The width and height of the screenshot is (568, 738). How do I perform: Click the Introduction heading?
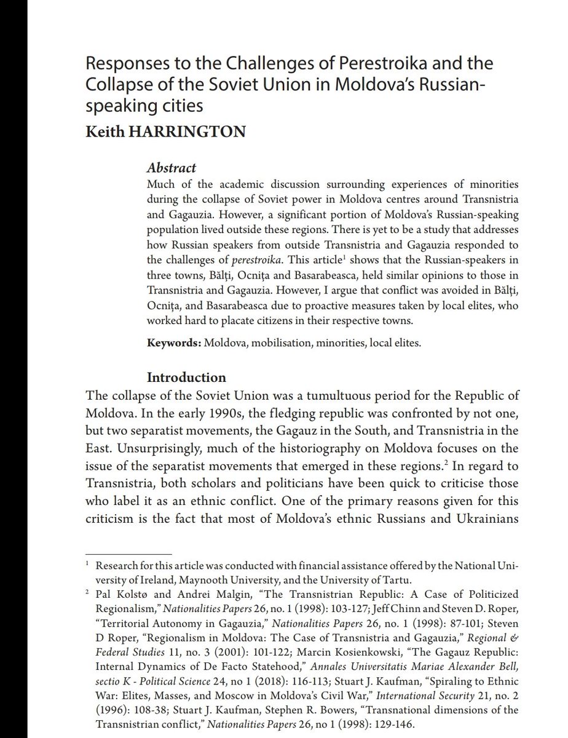[x=186, y=377]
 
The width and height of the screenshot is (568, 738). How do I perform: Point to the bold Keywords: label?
[x=173, y=342]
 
